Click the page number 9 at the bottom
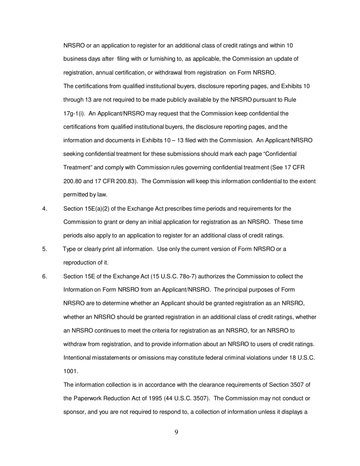[x=177, y=432]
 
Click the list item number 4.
[x=45, y=208]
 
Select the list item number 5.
[x=45, y=249]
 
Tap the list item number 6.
[x=45, y=276]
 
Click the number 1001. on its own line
[x=71, y=371]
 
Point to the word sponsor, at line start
[x=75, y=412]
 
